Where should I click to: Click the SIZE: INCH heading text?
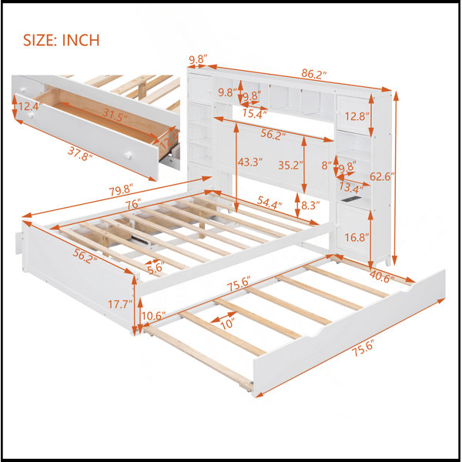(62, 40)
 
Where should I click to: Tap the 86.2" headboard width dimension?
(314, 74)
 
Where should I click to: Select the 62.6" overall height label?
(382, 176)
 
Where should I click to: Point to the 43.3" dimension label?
(250, 162)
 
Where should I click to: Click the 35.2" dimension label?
(290, 166)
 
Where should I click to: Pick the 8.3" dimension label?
(310, 206)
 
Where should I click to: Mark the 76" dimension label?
(133, 204)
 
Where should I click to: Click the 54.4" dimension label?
(269, 203)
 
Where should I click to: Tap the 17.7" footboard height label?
(119, 304)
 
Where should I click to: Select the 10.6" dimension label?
(153, 316)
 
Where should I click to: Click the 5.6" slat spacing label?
(156, 268)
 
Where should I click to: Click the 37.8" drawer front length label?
(80, 153)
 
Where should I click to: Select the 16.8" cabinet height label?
(357, 237)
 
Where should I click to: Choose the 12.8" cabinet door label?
(357, 116)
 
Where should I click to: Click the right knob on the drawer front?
(128, 156)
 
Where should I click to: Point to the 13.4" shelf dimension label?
(351, 186)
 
